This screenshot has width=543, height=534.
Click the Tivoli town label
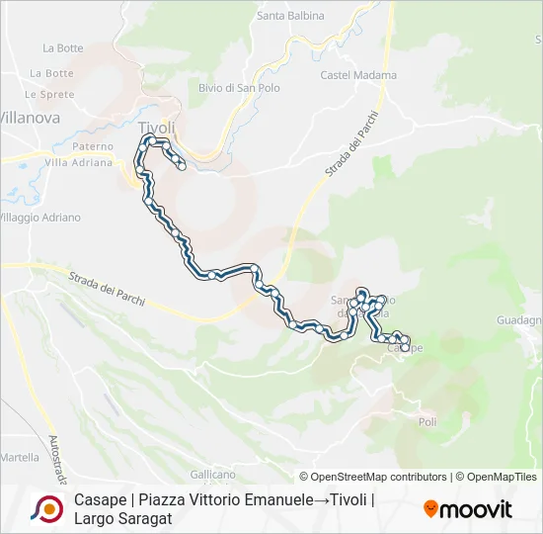tap(157, 128)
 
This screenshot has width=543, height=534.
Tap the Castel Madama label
tap(358, 75)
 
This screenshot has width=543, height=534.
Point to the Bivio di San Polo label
tap(239, 88)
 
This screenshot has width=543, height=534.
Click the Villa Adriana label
tap(78, 163)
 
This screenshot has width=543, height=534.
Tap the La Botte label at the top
tap(63, 47)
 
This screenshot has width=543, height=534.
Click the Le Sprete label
tap(49, 94)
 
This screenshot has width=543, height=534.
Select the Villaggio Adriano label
tap(39, 218)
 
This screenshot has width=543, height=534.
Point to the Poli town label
tap(427, 422)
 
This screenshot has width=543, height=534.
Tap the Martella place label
tap(20, 458)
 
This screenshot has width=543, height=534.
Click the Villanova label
tap(30, 118)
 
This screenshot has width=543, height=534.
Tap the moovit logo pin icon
tap(431, 509)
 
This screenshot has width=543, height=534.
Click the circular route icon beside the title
tap(46, 508)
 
